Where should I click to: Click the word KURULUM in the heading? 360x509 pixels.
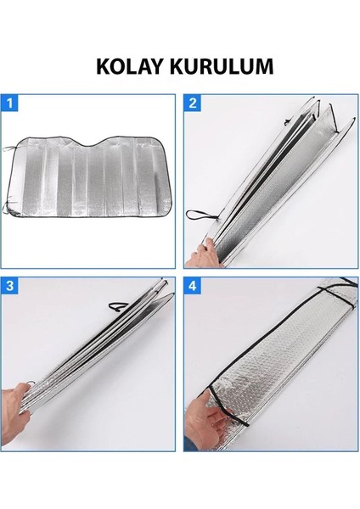[x=222, y=66]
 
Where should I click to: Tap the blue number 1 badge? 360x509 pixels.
[x=9, y=103]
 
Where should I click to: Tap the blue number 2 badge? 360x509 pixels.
[x=193, y=103]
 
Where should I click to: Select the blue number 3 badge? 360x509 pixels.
[x=9, y=286]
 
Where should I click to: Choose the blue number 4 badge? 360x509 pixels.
[x=193, y=286]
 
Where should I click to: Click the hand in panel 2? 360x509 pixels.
[x=204, y=255]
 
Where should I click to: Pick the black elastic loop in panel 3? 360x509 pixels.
[x=118, y=305]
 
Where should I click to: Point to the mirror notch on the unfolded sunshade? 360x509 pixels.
[x=89, y=143]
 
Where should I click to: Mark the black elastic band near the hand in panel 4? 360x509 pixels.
[x=228, y=406]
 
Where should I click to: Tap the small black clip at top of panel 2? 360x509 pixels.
[x=287, y=122]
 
